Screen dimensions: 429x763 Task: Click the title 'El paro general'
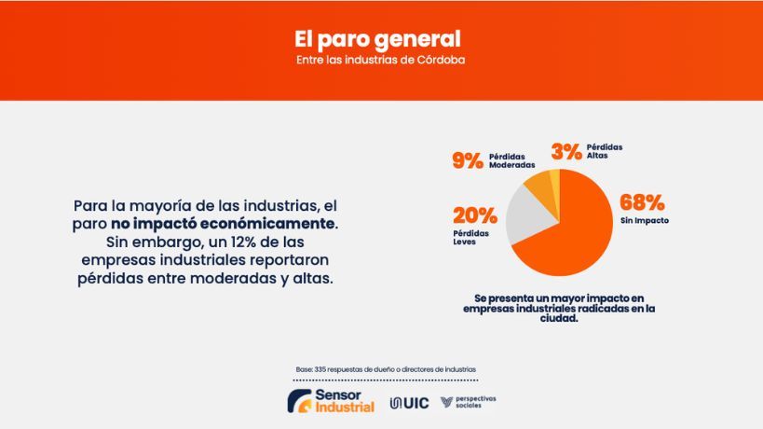[x=377, y=39]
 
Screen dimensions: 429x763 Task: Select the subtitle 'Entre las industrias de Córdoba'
[x=377, y=61]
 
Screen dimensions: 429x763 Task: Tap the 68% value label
[x=642, y=202]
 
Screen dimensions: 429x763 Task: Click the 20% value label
[x=474, y=215]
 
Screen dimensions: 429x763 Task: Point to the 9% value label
[x=469, y=159]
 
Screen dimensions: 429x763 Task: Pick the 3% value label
[x=566, y=151]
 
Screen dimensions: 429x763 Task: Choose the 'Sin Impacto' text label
[x=645, y=221]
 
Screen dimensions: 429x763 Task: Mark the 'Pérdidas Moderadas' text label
[x=512, y=159]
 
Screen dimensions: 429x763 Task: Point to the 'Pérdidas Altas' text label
[x=605, y=151]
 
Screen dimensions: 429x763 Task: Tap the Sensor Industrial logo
[x=331, y=401]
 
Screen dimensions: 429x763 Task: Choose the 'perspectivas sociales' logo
[x=469, y=401]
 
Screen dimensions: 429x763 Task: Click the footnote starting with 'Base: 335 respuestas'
[x=385, y=370]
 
